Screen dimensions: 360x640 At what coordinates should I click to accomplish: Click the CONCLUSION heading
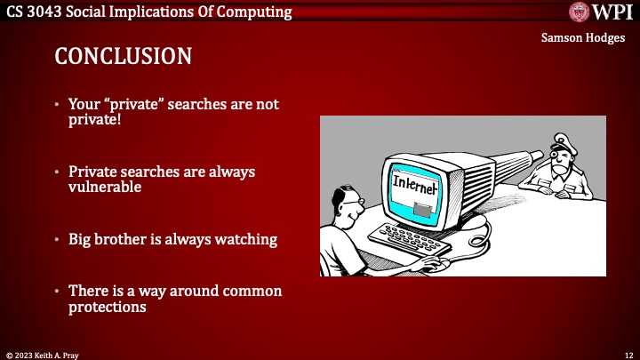click(123, 57)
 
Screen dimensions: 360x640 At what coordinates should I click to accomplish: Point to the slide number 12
click(626, 354)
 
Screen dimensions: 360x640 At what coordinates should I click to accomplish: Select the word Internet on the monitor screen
click(414, 186)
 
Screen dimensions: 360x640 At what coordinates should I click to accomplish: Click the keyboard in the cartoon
click(408, 239)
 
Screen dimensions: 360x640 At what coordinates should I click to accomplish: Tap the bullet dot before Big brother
click(58, 240)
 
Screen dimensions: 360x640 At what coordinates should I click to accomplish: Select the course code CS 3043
click(36, 12)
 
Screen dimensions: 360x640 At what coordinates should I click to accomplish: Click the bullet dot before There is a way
click(58, 292)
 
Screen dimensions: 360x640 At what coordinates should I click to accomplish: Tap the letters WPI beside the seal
click(613, 12)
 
